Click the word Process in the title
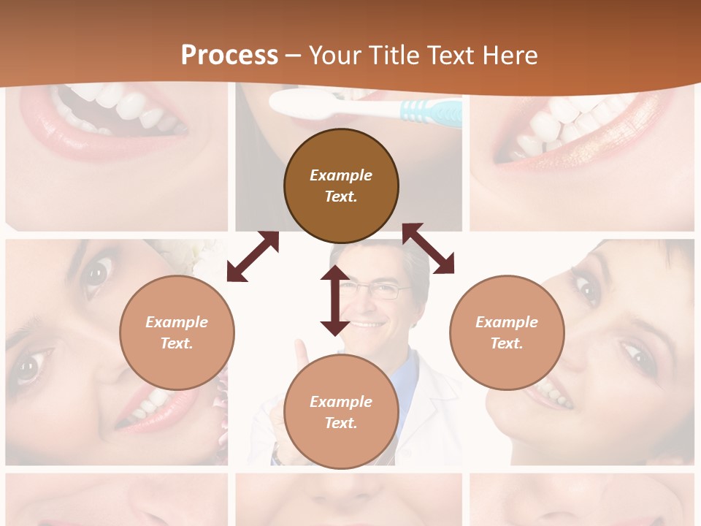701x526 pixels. click(x=229, y=56)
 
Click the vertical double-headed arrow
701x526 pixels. click(x=335, y=300)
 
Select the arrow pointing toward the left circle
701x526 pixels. click(x=253, y=256)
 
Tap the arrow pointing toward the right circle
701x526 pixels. click(x=428, y=248)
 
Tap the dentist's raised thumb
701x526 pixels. click(x=302, y=356)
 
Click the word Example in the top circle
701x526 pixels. click(x=341, y=175)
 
